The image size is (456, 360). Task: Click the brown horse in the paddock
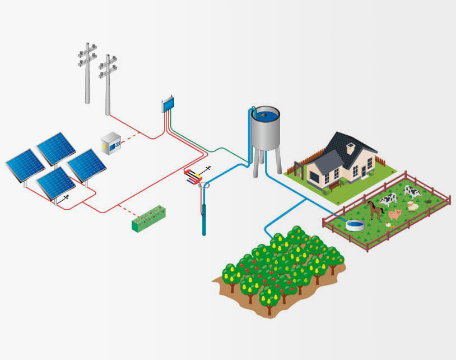(375, 209)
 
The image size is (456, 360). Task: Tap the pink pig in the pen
(395, 214)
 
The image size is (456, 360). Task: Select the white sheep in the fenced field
(413, 206)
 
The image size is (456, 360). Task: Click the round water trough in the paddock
(354, 225)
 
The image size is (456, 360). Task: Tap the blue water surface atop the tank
(264, 116)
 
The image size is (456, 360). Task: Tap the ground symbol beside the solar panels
(67, 197)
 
